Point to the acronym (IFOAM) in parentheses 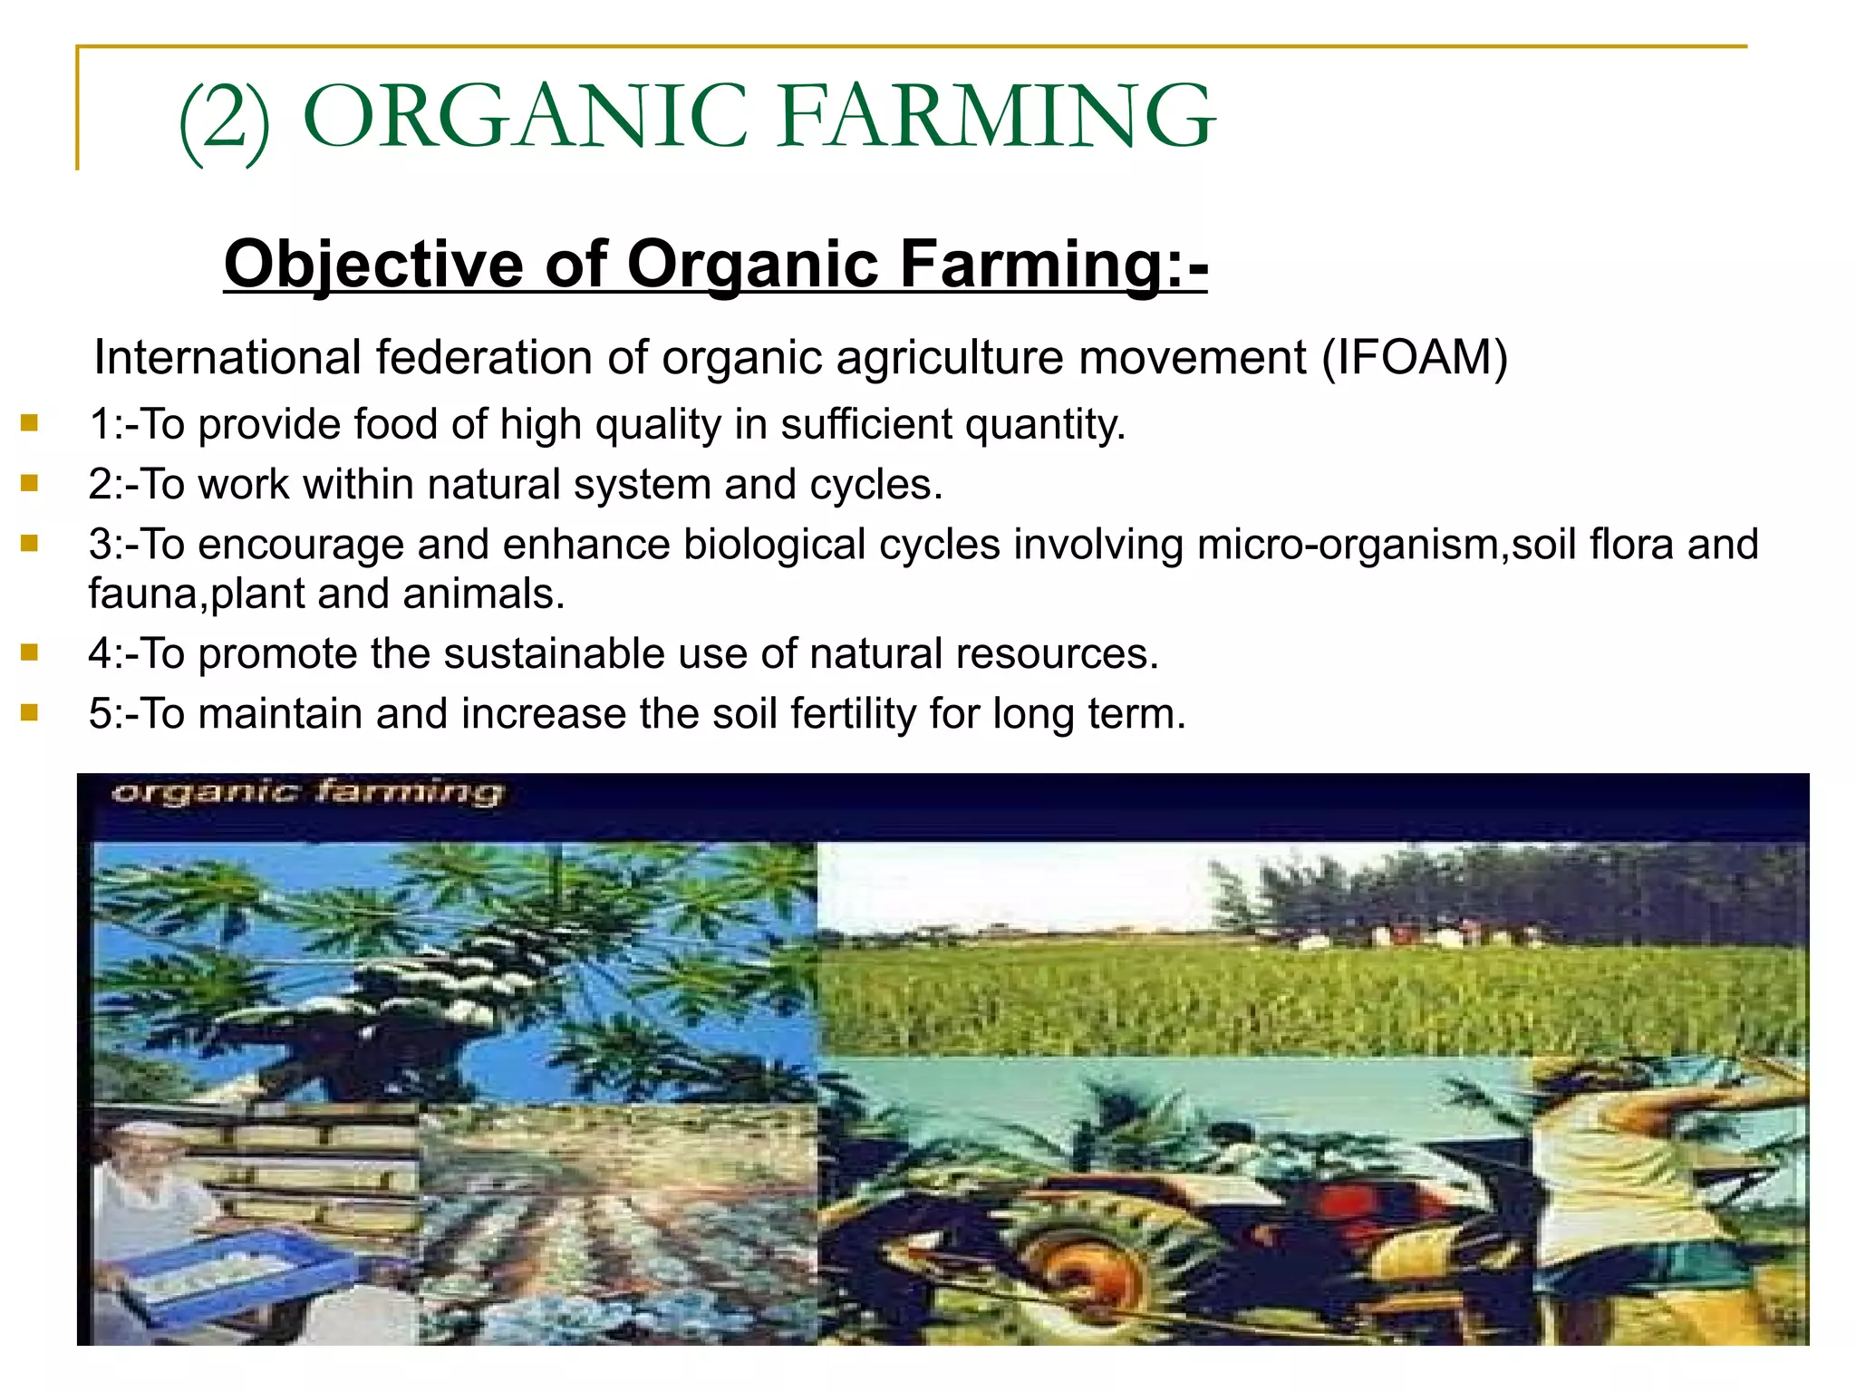coord(1415,357)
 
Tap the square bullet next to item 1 coord(30,423)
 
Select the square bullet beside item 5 coord(30,712)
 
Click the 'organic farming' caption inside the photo coord(306,793)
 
